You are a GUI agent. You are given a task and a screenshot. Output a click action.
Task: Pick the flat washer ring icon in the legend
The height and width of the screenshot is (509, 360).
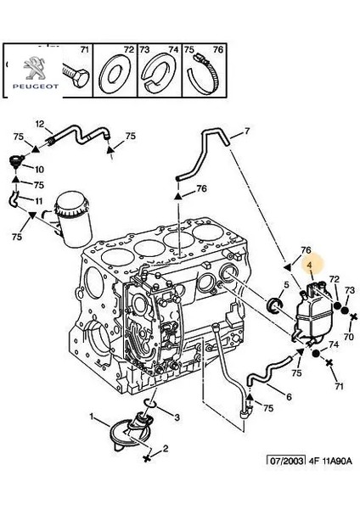pos(115,74)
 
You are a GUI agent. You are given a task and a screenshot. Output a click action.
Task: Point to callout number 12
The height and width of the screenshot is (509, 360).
pos(38,125)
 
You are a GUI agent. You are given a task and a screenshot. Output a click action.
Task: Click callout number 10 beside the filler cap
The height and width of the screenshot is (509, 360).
pos(39,169)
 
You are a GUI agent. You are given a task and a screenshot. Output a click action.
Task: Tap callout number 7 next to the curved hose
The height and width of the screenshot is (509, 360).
pos(246,131)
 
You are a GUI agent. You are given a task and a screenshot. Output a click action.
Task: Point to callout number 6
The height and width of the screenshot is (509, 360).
pos(289,397)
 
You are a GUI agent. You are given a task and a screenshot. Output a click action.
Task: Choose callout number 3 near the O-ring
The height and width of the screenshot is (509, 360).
pos(176,418)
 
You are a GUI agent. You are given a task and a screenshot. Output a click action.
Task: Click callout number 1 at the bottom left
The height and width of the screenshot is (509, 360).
pos(91,416)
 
